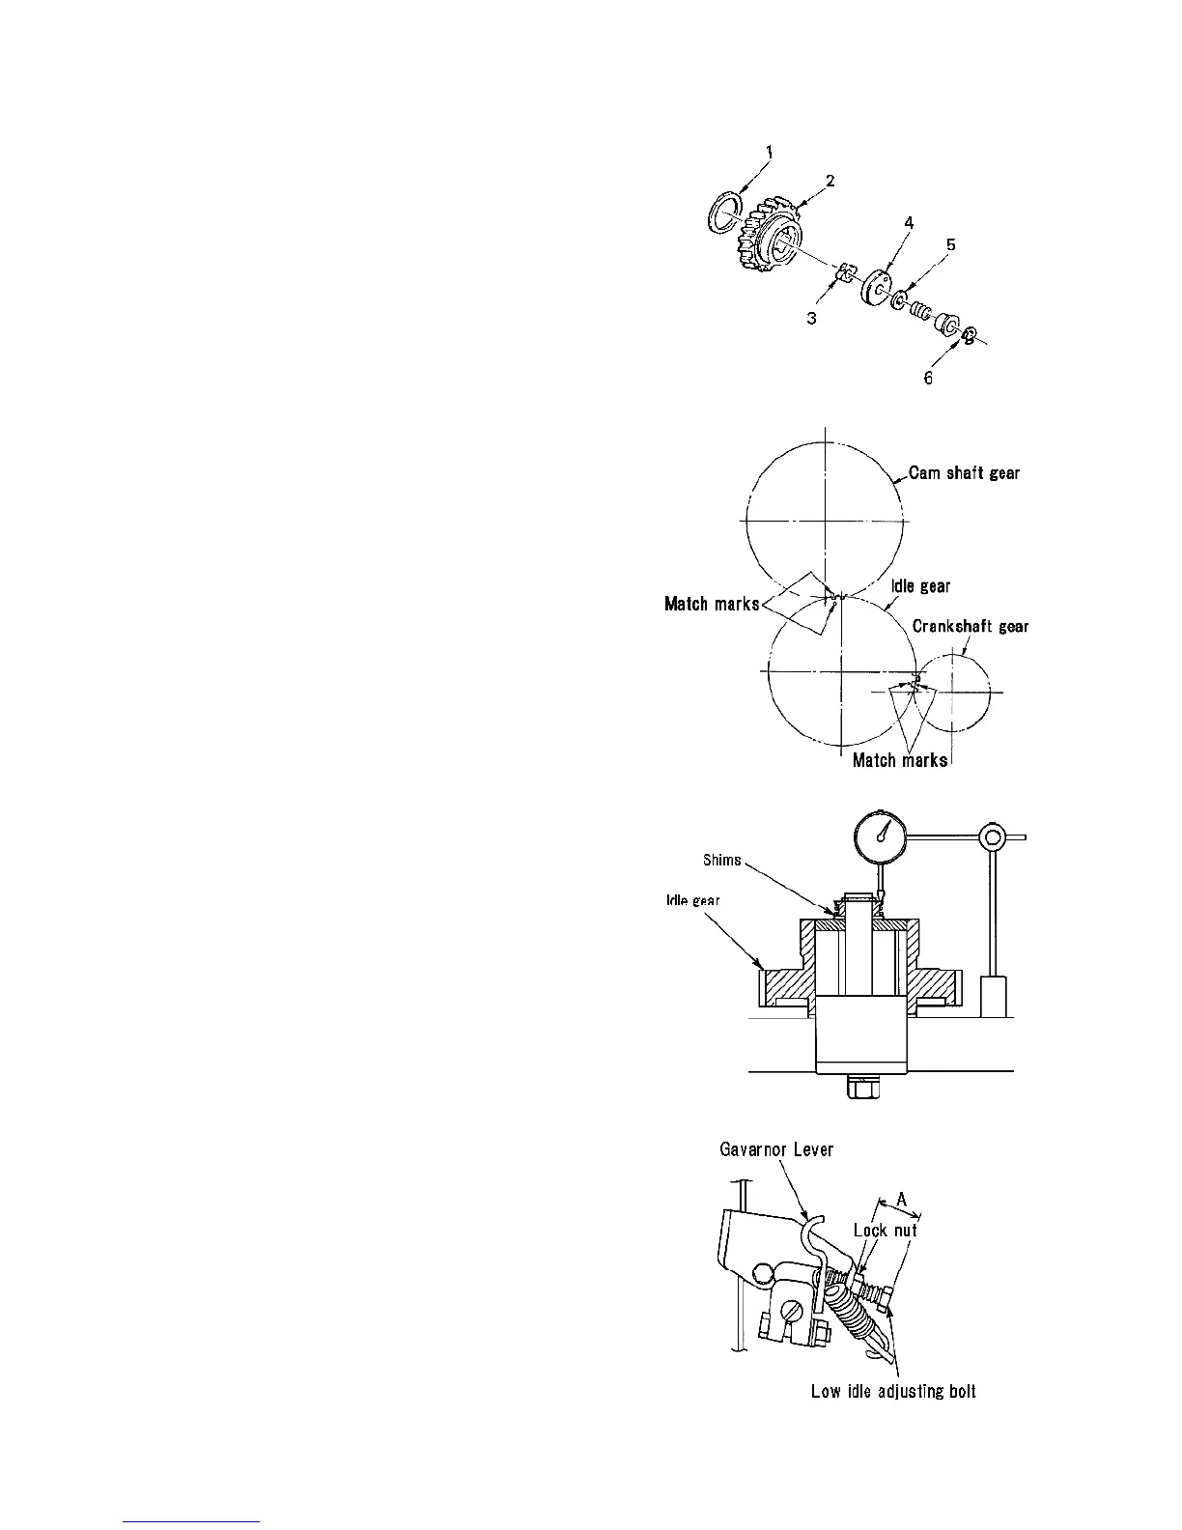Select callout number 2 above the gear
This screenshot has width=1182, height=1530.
click(x=830, y=180)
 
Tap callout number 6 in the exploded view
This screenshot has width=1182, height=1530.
click(x=928, y=378)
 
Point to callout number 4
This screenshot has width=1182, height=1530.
click(x=908, y=222)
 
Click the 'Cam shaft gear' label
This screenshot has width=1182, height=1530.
click(x=964, y=473)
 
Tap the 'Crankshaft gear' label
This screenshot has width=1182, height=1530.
click(x=971, y=626)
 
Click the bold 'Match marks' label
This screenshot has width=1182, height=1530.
click(x=712, y=605)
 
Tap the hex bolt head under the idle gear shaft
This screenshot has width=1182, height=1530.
click(x=863, y=1090)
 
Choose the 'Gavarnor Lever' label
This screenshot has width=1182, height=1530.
click(x=776, y=1149)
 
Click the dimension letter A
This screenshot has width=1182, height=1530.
click(x=900, y=1199)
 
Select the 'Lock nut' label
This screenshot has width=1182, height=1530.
click(x=885, y=1231)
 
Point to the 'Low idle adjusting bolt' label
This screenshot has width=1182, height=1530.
click(x=893, y=1392)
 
